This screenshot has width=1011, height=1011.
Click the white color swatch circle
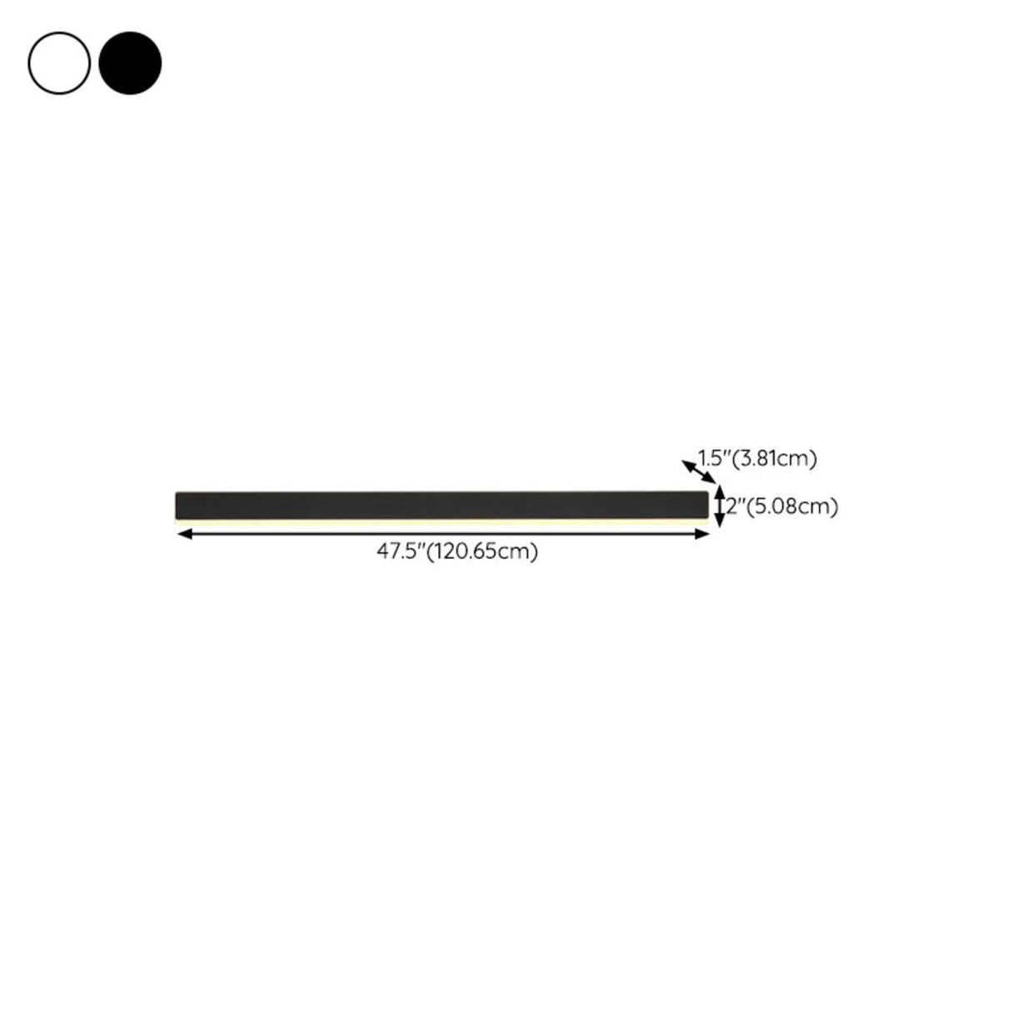click(x=59, y=62)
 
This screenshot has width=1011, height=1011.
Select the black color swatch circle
click(x=130, y=62)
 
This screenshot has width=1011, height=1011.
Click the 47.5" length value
click(x=401, y=551)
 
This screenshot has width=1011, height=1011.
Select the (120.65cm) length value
click(x=482, y=551)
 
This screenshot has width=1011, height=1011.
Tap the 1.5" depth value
click(x=714, y=458)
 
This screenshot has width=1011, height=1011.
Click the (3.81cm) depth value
click(x=774, y=458)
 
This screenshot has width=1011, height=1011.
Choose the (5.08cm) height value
click(x=791, y=506)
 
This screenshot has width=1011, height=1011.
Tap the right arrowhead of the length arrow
click(x=704, y=534)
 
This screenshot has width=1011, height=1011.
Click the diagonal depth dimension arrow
click(x=698, y=471)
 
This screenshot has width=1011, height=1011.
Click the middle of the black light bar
click(x=441, y=505)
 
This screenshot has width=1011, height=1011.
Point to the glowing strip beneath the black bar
click(x=441, y=521)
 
